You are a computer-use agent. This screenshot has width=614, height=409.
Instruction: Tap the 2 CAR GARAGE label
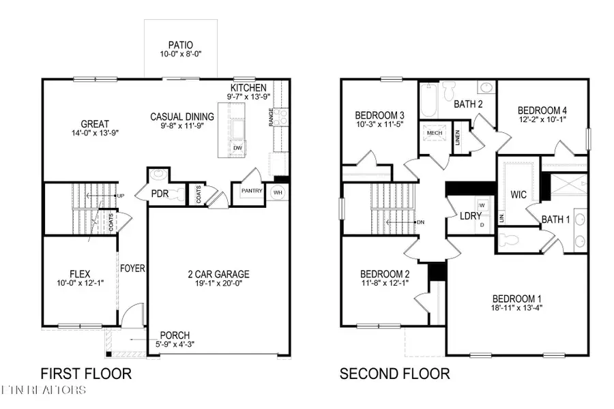click(x=219, y=275)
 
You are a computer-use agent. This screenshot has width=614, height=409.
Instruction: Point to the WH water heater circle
click(x=277, y=192)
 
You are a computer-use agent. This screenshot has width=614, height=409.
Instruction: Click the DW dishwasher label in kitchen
click(x=237, y=147)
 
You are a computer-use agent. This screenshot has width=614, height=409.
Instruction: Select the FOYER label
click(x=133, y=269)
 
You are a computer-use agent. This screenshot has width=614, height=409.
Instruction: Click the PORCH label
click(x=175, y=335)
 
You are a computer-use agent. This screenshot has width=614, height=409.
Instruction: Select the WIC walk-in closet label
click(x=518, y=194)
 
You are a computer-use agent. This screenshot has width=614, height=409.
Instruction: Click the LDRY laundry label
click(x=469, y=215)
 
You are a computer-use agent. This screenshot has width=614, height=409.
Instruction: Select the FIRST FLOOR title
click(x=86, y=374)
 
